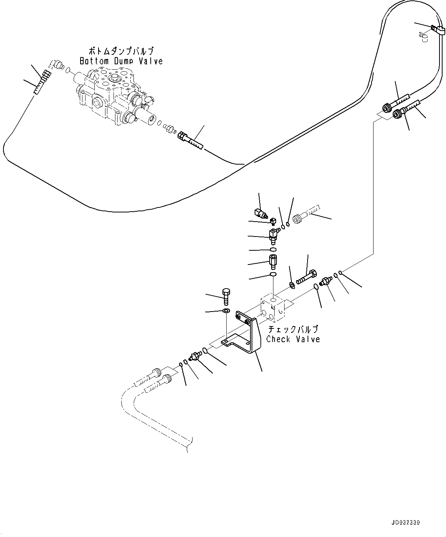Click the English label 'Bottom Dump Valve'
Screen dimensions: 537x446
tap(121, 61)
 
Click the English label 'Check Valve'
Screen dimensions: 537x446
tap(293, 339)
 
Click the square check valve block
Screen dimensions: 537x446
tap(273, 308)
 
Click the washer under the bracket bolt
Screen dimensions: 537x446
tap(226, 310)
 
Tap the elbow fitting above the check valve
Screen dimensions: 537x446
tap(273, 233)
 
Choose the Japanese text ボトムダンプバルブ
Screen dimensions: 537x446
tap(121, 51)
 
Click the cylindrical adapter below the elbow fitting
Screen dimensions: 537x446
tap(273, 262)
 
